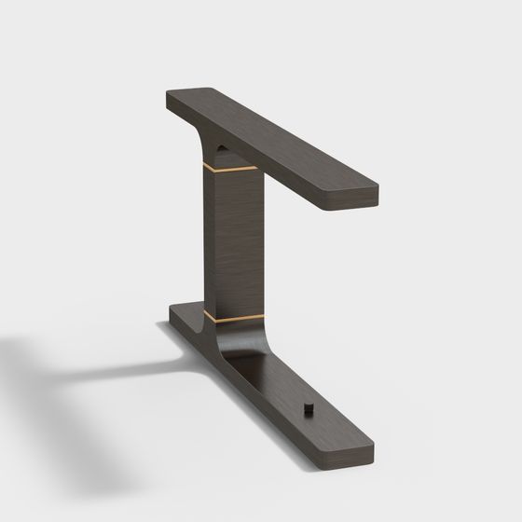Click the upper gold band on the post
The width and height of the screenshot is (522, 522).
(233, 171)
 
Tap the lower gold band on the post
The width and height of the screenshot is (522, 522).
(233, 319)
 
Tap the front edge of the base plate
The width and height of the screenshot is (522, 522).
(261, 391)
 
